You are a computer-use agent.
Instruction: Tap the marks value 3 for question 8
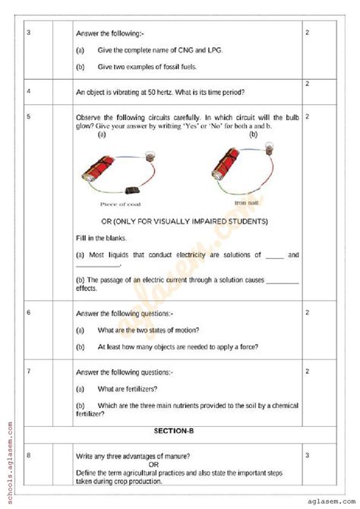[x=308, y=455]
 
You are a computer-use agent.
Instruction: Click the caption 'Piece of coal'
[x=120, y=204]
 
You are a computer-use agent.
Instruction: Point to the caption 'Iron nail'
[x=247, y=203]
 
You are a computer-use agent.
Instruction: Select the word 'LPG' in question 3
[x=226, y=50]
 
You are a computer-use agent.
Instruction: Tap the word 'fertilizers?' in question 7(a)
[x=140, y=389]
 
